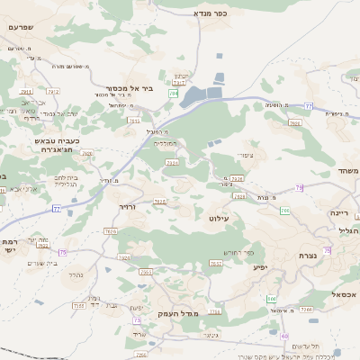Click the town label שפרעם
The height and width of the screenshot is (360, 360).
point(21,27)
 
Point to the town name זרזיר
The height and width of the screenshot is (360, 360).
point(126,206)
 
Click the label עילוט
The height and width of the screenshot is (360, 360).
point(220,218)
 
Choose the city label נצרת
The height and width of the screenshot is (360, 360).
point(308,256)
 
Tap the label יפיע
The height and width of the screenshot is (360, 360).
point(260,266)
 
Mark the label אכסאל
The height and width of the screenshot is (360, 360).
point(343,294)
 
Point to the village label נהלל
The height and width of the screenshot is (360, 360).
point(76,274)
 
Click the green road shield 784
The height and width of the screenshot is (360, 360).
point(174,93)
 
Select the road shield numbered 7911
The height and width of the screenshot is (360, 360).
point(26,92)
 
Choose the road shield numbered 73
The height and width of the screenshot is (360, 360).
point(137,319)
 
